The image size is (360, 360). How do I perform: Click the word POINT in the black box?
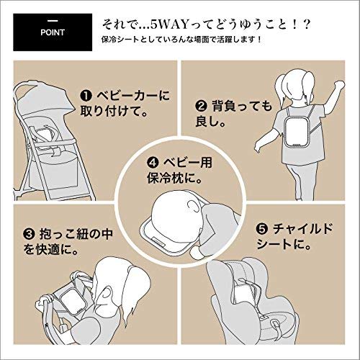click(x=53, y=32)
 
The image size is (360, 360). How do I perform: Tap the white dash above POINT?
click(x=53, y=21)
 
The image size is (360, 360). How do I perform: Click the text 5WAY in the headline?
click(x=168, y=25)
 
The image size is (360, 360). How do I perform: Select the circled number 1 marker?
click(x=86, y=96)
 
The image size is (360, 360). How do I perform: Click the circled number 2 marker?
click(x=201, y=107)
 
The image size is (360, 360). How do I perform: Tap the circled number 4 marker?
click(x=153, y=163)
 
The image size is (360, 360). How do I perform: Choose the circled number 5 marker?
click(x=262, y=229)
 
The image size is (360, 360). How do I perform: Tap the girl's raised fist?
click(x=339, y=84)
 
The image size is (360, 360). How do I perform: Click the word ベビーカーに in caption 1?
click(x=133, y=96)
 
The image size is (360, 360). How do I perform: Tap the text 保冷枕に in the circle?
click(x=174, y=179)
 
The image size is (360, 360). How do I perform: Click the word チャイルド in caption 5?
click(x=302, y=229)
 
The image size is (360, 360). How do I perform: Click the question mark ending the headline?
click(x=306, y=25)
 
